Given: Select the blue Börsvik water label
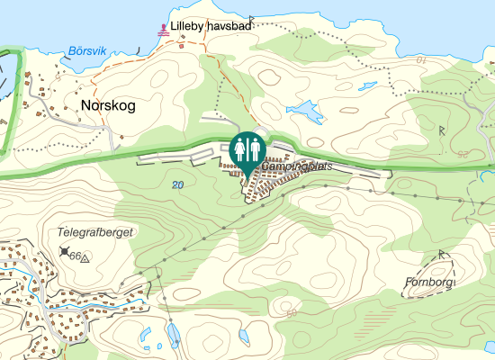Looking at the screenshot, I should point(86,52).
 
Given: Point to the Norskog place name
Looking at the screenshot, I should point(108,106).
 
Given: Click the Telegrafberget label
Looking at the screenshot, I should point(95,232).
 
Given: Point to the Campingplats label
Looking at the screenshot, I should point(292,167).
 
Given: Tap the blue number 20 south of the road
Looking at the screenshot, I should point(177,184).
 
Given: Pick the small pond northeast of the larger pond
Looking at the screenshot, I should point(367,86).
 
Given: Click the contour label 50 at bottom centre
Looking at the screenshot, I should point(292,312).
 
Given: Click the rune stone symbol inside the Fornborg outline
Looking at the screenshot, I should point(442,255).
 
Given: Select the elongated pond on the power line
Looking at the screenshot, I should point(171,336).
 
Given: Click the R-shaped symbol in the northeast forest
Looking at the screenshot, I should point(442,130).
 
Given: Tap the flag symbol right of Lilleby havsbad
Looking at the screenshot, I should point(254,19).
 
